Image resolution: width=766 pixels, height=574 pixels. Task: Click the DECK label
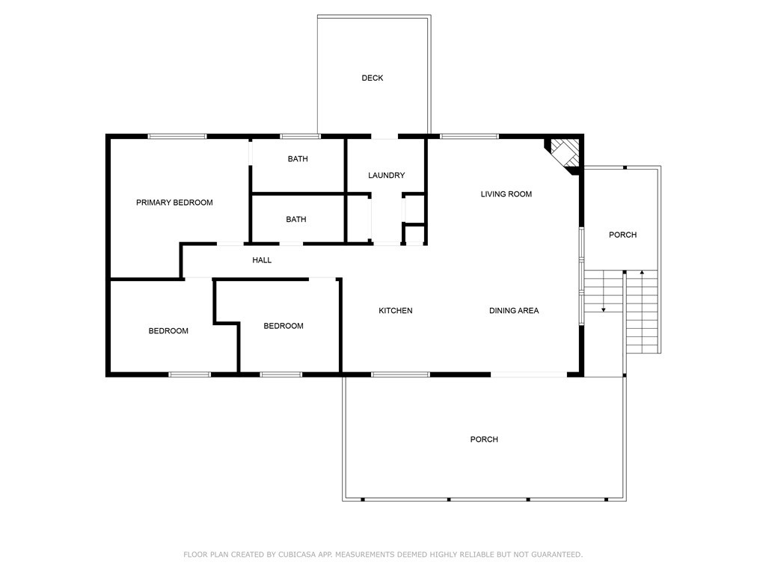tap(372, 78)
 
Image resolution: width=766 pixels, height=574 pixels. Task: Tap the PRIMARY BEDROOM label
tap(174, 203)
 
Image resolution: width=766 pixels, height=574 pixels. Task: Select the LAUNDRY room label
tap(386, 176)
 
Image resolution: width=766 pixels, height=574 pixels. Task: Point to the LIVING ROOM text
tap(506, 194)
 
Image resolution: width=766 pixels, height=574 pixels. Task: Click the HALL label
tap(262, 260)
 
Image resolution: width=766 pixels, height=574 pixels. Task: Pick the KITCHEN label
tap(395, 311)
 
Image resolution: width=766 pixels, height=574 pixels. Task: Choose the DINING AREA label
tap(514, 311)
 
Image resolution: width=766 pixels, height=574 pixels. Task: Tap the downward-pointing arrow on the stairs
tap(604, 308)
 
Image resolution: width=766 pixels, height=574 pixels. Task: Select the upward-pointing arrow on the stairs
tap(642, 272)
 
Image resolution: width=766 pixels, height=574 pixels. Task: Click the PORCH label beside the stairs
tap(622, 235)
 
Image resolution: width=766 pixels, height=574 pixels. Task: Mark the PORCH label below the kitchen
tap(484, 439)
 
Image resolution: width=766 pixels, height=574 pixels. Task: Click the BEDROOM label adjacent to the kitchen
tap(284, 326)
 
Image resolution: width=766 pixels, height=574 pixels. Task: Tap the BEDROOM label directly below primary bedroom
tap(168, 331)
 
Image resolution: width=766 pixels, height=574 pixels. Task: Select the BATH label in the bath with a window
tap(297, 159)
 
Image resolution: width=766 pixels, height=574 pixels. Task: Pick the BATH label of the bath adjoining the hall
tap(296, 220)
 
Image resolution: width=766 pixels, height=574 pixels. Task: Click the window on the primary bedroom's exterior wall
tap(177, 136)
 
